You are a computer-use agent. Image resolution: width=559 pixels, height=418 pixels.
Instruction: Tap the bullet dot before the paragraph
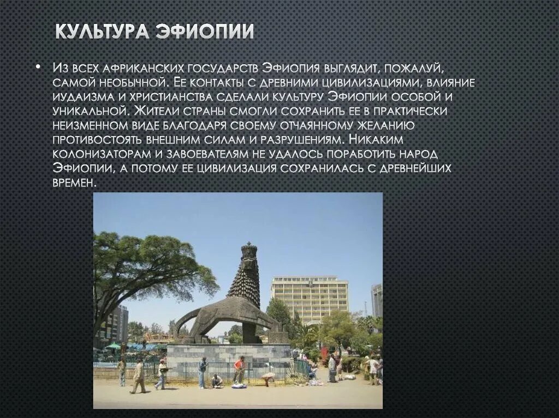[x=38, y=68]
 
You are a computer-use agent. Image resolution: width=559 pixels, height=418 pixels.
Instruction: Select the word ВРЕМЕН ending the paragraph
[x=73, y=183]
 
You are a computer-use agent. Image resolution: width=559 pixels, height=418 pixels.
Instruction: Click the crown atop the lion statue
[x=249, y=252]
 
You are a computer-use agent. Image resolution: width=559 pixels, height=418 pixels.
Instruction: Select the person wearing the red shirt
[x=239, y=369]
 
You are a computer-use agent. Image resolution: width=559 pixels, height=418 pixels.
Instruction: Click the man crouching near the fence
[x=217, y=380]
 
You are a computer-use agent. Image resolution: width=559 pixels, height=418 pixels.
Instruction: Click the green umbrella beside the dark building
[x=113, y=346]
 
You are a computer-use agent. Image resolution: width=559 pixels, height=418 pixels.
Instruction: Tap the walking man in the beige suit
[x=138, y=375]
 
